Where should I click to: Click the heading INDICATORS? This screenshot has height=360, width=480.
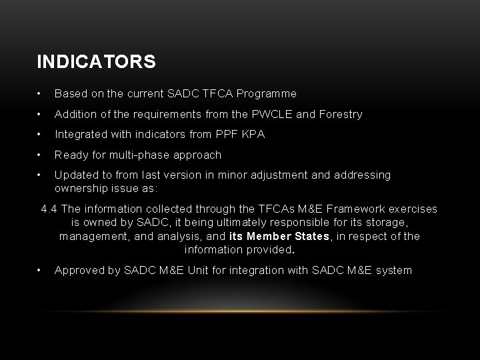97,62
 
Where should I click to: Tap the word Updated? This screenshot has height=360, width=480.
75,175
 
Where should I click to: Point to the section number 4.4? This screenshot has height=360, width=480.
49,209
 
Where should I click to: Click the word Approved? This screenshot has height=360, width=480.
79,270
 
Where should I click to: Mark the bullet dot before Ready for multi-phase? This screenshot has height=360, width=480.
41,155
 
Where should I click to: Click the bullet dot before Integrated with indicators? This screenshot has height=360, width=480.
41,135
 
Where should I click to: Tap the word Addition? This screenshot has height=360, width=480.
75,114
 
